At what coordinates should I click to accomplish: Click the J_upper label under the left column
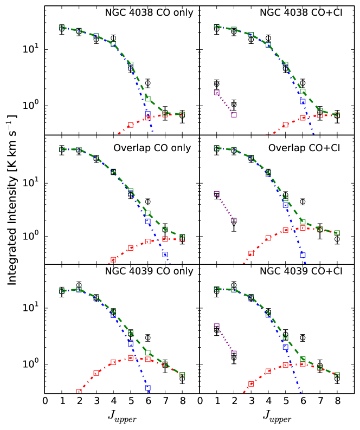coord(122,416)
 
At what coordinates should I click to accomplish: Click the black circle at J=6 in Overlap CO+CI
coord(303,201)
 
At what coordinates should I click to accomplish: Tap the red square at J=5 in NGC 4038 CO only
coord(131,125)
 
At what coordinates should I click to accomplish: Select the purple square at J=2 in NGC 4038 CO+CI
coord(234,114)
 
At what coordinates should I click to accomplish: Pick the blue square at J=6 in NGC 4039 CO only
coord(147,388)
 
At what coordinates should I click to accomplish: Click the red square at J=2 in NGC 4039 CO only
coord(79,392)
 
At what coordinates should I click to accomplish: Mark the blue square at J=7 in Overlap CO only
coord(165,255)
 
